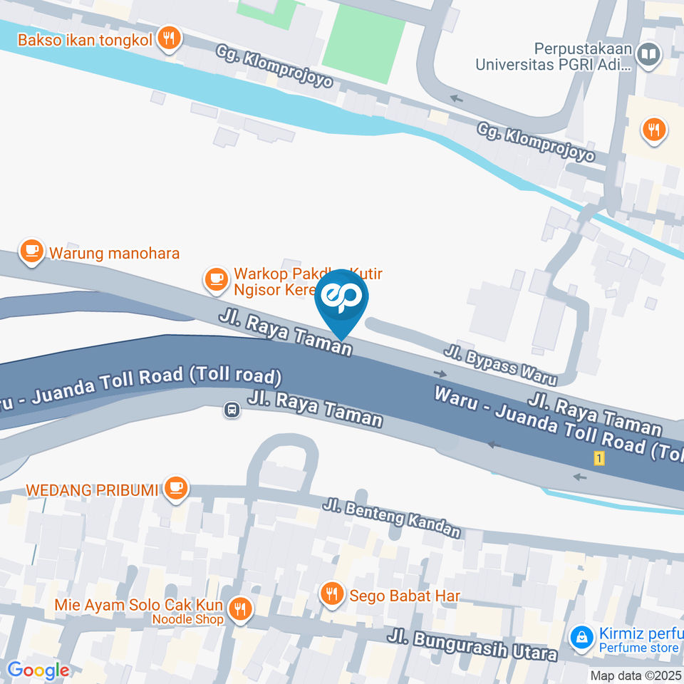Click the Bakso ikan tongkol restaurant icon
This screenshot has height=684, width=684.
tap(168, 38)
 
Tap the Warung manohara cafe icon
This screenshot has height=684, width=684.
tap(31, 251)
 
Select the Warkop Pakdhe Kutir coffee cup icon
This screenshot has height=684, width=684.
tap(215, 279)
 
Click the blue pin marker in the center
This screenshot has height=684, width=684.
tap(341, 299)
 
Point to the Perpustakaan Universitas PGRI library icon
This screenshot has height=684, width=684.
tap(648, 55)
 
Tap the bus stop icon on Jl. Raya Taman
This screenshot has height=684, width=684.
tap(231, 410)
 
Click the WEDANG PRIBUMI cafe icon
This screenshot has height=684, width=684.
tap(175, 489)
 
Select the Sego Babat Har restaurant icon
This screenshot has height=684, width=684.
tap(331, 593)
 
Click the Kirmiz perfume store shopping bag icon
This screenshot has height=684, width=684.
tap(582, 635)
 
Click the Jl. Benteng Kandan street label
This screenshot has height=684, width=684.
tap(391, 518)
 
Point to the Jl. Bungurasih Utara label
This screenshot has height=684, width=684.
tap(472, 645)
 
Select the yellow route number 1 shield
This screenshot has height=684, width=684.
tap(599, 459)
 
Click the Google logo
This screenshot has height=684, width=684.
tap(38, 670)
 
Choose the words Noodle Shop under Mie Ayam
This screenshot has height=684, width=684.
tap(187, 619)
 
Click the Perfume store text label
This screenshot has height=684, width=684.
tap(638, 648)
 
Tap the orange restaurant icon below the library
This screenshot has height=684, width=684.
tap(653, 130)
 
